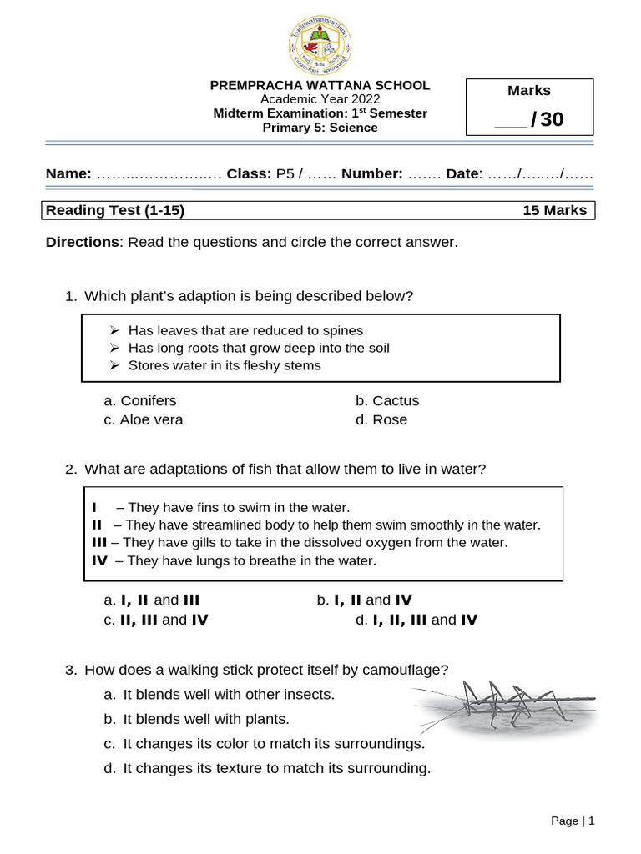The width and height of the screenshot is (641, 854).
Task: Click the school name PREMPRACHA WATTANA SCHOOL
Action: coord(320,85)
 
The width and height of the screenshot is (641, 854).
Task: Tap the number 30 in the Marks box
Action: coord(552,120)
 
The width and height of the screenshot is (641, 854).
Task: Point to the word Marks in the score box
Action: coord(529,91)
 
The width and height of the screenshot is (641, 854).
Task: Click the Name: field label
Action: coord(68,173)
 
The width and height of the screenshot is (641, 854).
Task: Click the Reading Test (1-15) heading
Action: coord(115,211)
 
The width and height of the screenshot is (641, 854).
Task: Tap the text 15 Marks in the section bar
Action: coord(554,211)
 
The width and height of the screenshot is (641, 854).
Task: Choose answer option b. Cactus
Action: coord(388,400)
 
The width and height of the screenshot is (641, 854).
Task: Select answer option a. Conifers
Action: coord(140,400)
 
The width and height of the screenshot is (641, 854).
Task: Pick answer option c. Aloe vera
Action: coord(144,419)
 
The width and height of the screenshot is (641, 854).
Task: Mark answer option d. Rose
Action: coord(382,419)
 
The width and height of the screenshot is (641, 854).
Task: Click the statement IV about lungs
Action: coord(235,560)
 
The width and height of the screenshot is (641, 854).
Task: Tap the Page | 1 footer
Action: coord(573,821)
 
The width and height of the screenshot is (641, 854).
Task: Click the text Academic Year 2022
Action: coord(320,98)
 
